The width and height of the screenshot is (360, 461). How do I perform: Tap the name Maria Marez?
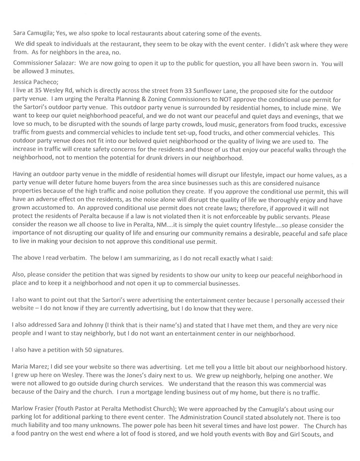30,366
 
